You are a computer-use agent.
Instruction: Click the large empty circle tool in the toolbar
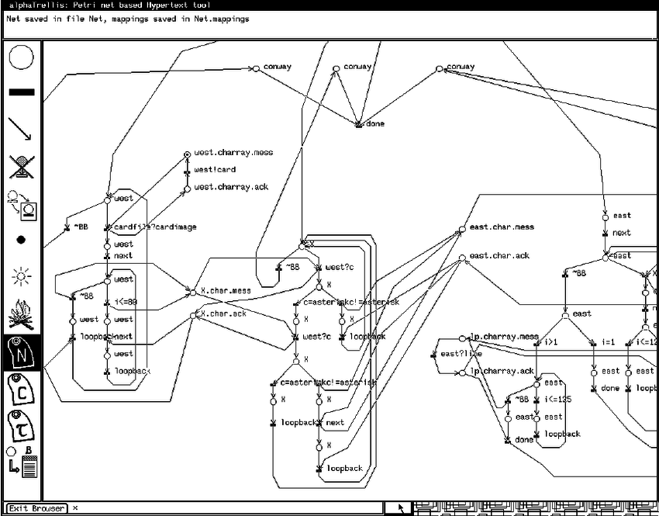coord(22,57)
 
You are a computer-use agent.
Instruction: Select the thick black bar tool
coord(22,92)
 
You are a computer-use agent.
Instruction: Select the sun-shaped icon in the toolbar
coord(21,275)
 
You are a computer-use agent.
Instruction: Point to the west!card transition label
coord(215,170)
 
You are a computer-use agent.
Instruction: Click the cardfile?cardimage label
coord(155,227)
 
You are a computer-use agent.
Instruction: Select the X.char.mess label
coord(226,292)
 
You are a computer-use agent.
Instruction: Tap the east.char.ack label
coord(499,255)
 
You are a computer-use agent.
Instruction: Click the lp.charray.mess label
coord(503,338)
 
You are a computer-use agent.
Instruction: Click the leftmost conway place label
coord(277,67)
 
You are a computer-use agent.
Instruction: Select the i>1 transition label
coord(550,342)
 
